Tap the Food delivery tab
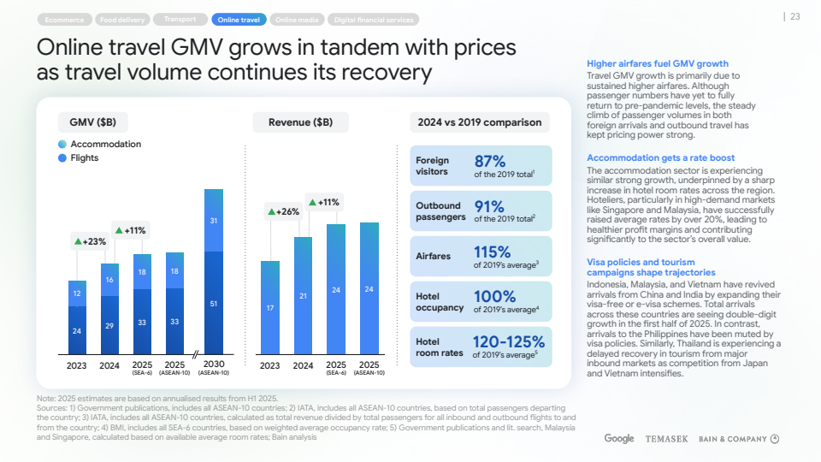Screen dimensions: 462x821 coord(122,19)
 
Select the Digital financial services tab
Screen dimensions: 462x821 coord(374,19)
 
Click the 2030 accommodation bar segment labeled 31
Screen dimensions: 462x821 coord(214,221)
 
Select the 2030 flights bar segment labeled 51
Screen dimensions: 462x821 coord(214,303)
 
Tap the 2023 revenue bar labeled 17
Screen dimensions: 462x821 coord(270,307)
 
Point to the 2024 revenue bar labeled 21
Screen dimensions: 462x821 coord(303,295)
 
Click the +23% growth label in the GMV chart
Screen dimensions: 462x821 coord(90,241)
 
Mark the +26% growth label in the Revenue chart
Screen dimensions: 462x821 coord(283,211)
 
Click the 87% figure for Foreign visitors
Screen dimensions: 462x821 coord(490,161)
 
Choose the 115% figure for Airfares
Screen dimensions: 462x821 coord(493,252)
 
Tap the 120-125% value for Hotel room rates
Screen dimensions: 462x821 coord(509,341)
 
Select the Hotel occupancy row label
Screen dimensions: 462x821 coord(440,302)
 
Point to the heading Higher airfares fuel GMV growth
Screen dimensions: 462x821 coord(658,63)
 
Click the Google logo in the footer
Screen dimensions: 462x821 coord(619,439)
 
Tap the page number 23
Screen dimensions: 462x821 coord(794,16)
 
